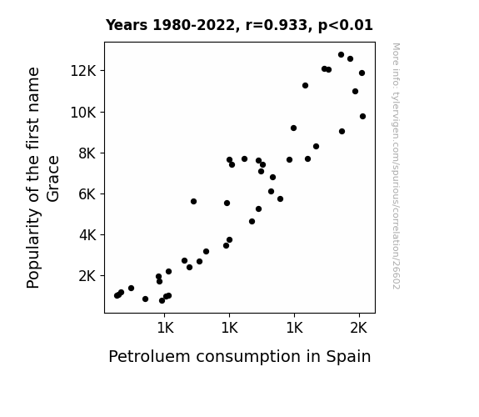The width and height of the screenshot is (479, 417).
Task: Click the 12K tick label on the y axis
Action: (x=83, y=71)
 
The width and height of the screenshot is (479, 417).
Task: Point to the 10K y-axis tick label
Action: (x=83, y=113)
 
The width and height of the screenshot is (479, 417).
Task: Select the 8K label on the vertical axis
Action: (x=87, y=153)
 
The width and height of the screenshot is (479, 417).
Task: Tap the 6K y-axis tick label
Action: (x=87, y=194)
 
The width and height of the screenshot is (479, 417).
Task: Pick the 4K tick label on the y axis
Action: (x=87, y=235)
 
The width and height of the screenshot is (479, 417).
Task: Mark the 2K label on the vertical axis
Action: (x=87, y=276)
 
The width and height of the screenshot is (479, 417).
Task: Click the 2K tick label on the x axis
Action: (x=359, y=328)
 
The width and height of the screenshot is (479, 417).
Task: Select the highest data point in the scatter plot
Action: (x=342, y=55)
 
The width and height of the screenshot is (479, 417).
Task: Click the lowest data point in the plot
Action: (x=162, y=301)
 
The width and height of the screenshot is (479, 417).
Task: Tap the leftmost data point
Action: (x=117, y=295)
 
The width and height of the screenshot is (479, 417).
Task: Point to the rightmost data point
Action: (x=362, y=116)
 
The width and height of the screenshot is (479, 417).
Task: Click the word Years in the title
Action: (x=127, y=25)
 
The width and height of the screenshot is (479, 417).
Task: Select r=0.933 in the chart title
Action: (x=277, y=25)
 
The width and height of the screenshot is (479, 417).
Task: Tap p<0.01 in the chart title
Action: (x=346, y=25)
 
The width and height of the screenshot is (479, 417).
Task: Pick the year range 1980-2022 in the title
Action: (x=193, y=25)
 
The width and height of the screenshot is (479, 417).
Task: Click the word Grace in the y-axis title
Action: (x=53, y=179)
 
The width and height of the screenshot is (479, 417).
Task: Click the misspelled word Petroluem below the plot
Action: (x=149, y=356)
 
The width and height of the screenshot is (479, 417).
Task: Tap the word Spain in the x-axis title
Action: (x=348, y=357)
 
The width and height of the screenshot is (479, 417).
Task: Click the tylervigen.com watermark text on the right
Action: (x=396, y=166)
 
